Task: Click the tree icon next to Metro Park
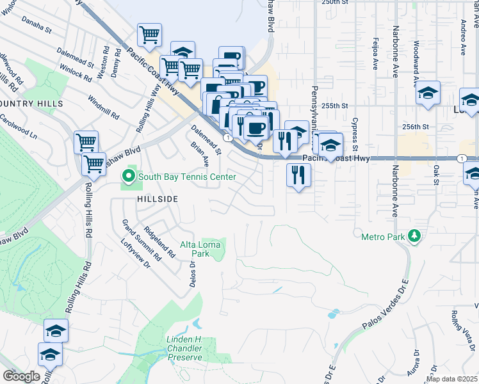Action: (414, 237)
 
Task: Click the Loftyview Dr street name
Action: (135, 254)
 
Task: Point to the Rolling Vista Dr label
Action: (462, 327)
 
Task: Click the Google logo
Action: (21, 376)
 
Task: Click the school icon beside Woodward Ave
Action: (428, 94)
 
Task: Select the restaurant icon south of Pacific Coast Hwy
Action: (298, 175)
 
